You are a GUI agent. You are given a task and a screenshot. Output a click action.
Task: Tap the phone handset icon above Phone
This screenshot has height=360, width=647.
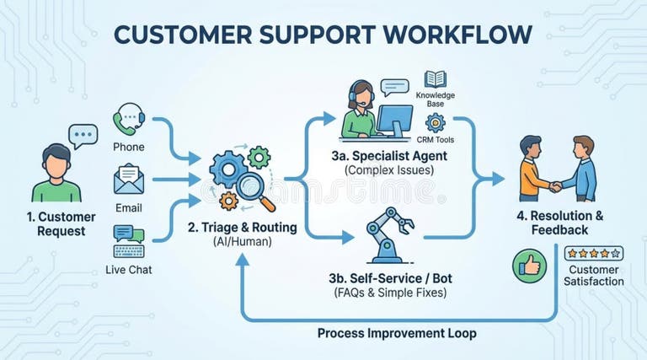(x=129, y=118)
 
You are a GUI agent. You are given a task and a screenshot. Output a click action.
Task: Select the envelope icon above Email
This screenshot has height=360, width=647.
(x=129, y=179)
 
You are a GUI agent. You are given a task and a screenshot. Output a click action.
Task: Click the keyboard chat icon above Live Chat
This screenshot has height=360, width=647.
(x=129, y=241)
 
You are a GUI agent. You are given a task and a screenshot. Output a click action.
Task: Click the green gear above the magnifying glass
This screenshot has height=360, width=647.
(x=259, y=156)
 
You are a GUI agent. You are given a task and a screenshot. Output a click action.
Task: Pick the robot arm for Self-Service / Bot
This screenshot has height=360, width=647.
(x=388, y=235)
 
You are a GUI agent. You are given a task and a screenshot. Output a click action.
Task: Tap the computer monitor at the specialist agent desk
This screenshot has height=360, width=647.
(x=393, y=119)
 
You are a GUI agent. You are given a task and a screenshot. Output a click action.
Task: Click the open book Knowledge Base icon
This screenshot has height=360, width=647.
(x=435, y=79)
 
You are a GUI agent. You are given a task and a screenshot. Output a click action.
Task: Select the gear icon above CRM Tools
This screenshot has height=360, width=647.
(x=435, y=124)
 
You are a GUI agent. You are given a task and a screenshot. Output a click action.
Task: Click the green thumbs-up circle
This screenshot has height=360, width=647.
(x=529, y=266)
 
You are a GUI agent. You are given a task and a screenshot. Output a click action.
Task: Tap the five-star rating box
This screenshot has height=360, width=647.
(x=593, y=253)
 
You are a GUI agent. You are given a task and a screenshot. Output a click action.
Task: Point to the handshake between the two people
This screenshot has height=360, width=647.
(x=557, y=186)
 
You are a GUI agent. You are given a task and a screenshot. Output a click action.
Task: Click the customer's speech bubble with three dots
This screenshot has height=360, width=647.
(x=83, y=136)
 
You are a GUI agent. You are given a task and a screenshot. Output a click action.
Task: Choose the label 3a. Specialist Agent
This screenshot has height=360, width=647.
(x=388, y=155)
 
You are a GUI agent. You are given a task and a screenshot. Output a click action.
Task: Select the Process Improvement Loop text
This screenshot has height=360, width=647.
(x=397, y=333)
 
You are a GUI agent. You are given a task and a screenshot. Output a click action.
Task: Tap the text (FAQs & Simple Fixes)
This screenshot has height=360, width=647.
(x=389, y=293)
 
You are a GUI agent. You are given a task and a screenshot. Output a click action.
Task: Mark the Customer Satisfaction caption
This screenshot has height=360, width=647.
(x=595, y=275)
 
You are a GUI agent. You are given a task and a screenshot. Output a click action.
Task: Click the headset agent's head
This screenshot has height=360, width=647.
(x=361, y=94)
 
